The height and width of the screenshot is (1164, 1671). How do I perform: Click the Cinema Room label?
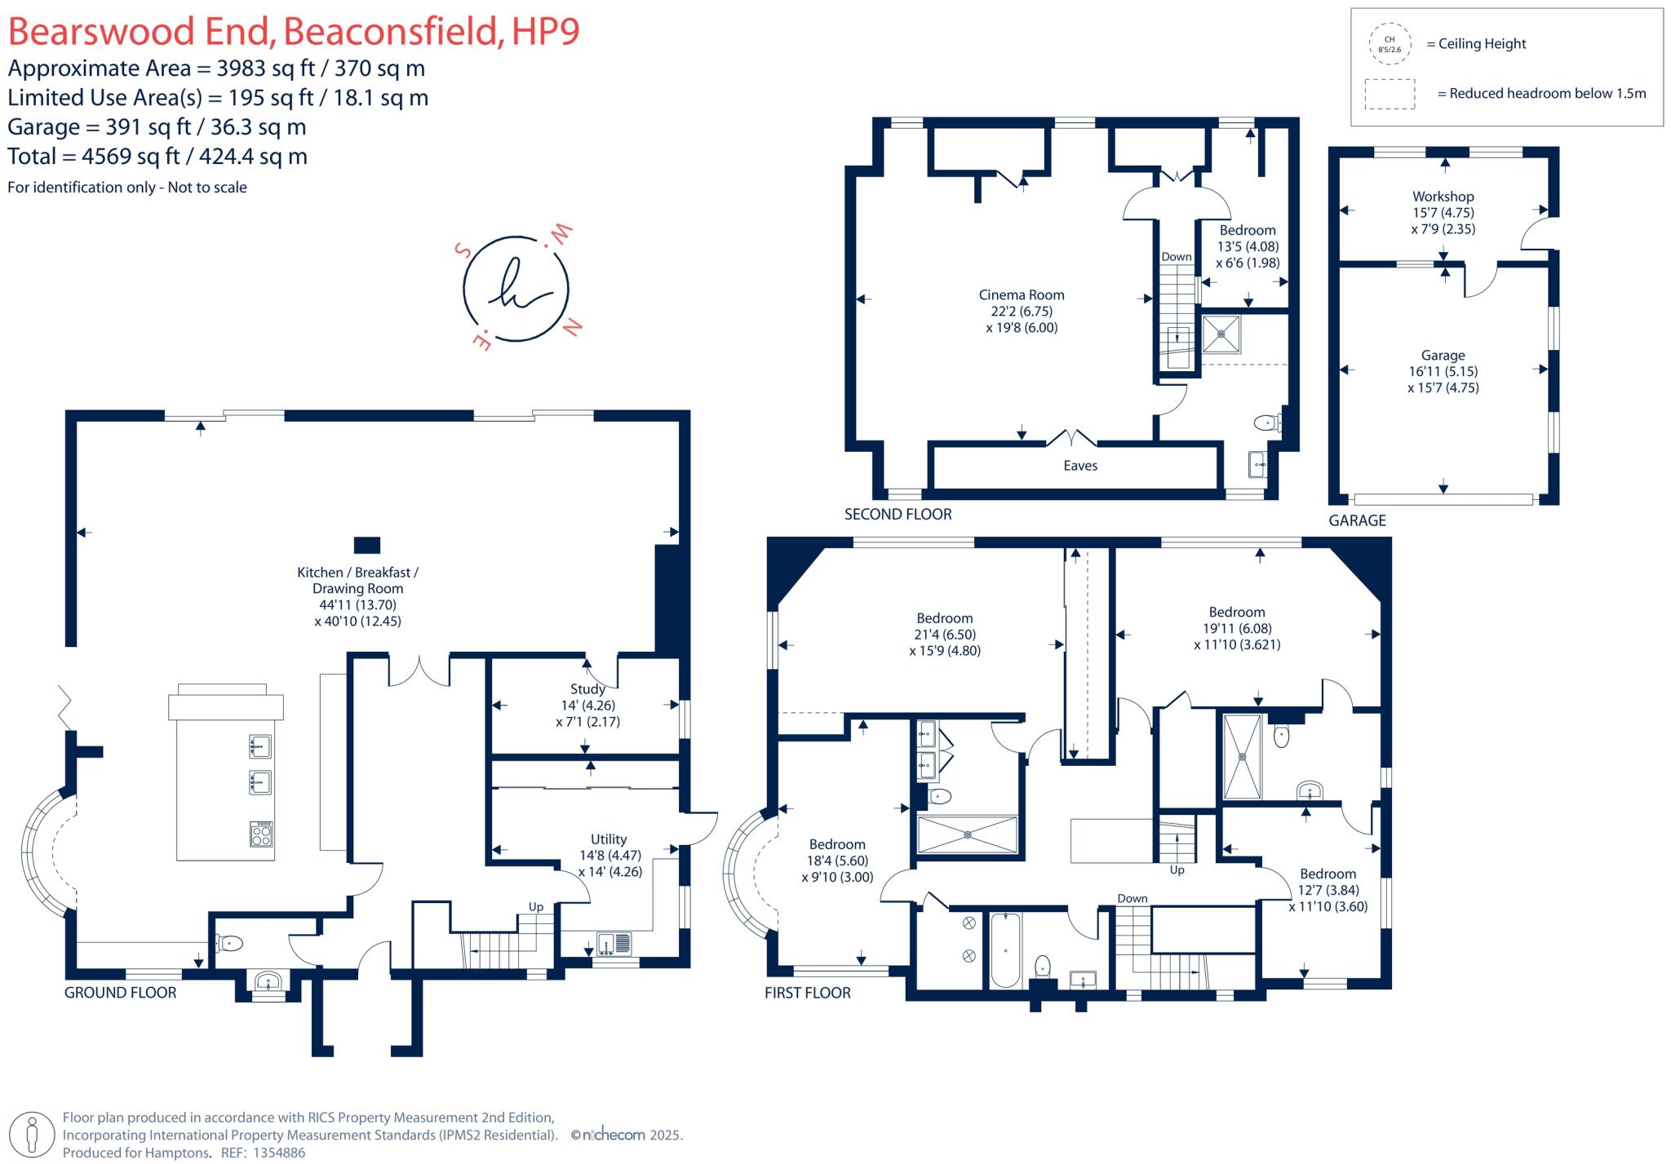[1022, 295]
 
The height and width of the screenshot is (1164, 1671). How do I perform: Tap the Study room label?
[587, 689]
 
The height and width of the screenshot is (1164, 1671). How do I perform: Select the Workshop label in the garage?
[1443, 197]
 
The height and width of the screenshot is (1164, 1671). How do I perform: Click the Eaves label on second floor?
[1080, 466]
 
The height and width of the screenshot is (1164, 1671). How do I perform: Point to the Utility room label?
[609, 839]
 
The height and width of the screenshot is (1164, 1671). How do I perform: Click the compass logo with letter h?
[516, 289]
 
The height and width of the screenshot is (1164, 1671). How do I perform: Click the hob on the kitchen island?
[261, 834]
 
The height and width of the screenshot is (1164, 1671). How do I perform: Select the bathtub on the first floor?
[1005, 950]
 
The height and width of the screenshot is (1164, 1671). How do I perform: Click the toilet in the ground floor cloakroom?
[230, 944]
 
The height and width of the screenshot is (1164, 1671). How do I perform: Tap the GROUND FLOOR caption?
[121, 993]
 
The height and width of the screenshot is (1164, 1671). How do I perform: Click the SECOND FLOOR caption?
[898, 515]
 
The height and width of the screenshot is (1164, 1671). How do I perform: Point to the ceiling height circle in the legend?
[1390, 44]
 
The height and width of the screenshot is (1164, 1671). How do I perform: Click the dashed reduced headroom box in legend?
[1390, 94]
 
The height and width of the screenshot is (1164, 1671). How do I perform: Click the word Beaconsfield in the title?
[390, 31]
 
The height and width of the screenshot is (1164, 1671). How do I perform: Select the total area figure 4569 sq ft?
[130, 157]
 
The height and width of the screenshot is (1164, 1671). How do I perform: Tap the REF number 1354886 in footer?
[279, 1153]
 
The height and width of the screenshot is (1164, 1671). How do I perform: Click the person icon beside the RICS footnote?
[33, 1135]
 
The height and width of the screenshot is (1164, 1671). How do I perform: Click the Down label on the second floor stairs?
[1176, 257]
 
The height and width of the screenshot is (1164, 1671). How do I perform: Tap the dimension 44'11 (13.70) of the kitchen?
[357, 605]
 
